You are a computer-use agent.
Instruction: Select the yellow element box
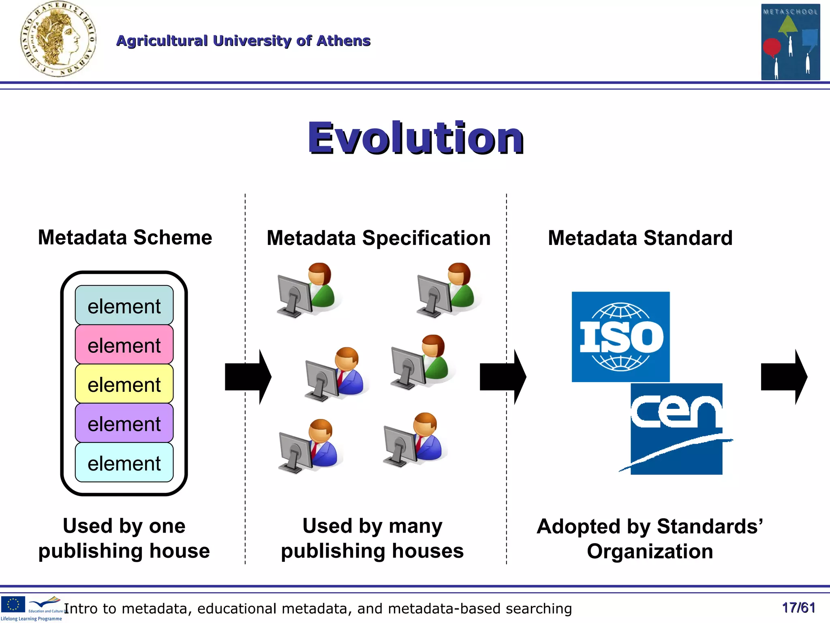click(x=124, y=384)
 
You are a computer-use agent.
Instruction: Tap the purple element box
click(x=124, y=423)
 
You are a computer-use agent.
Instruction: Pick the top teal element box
click(x=124, y=305)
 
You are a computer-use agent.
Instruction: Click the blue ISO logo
click(x=620, y=337)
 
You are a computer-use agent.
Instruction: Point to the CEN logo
click(x=676, y=429)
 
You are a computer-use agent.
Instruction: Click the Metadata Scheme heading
click(x=125, y=238)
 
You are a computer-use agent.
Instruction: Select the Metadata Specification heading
click(x=378, y=238)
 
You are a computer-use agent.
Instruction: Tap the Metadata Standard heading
click(x=640, y=238)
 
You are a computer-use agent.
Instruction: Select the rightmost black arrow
click(x=783, y=377)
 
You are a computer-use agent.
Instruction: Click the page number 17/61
click(x=798, y=608)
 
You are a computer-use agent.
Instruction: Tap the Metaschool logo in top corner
click(x=790, y=42)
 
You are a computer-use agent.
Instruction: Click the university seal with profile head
click(x=58, y=39)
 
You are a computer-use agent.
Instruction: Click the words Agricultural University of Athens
click(x=243, y=41)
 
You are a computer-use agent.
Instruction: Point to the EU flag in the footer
click(x=13, y=604)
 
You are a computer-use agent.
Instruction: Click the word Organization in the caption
click(x=650, y=552)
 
